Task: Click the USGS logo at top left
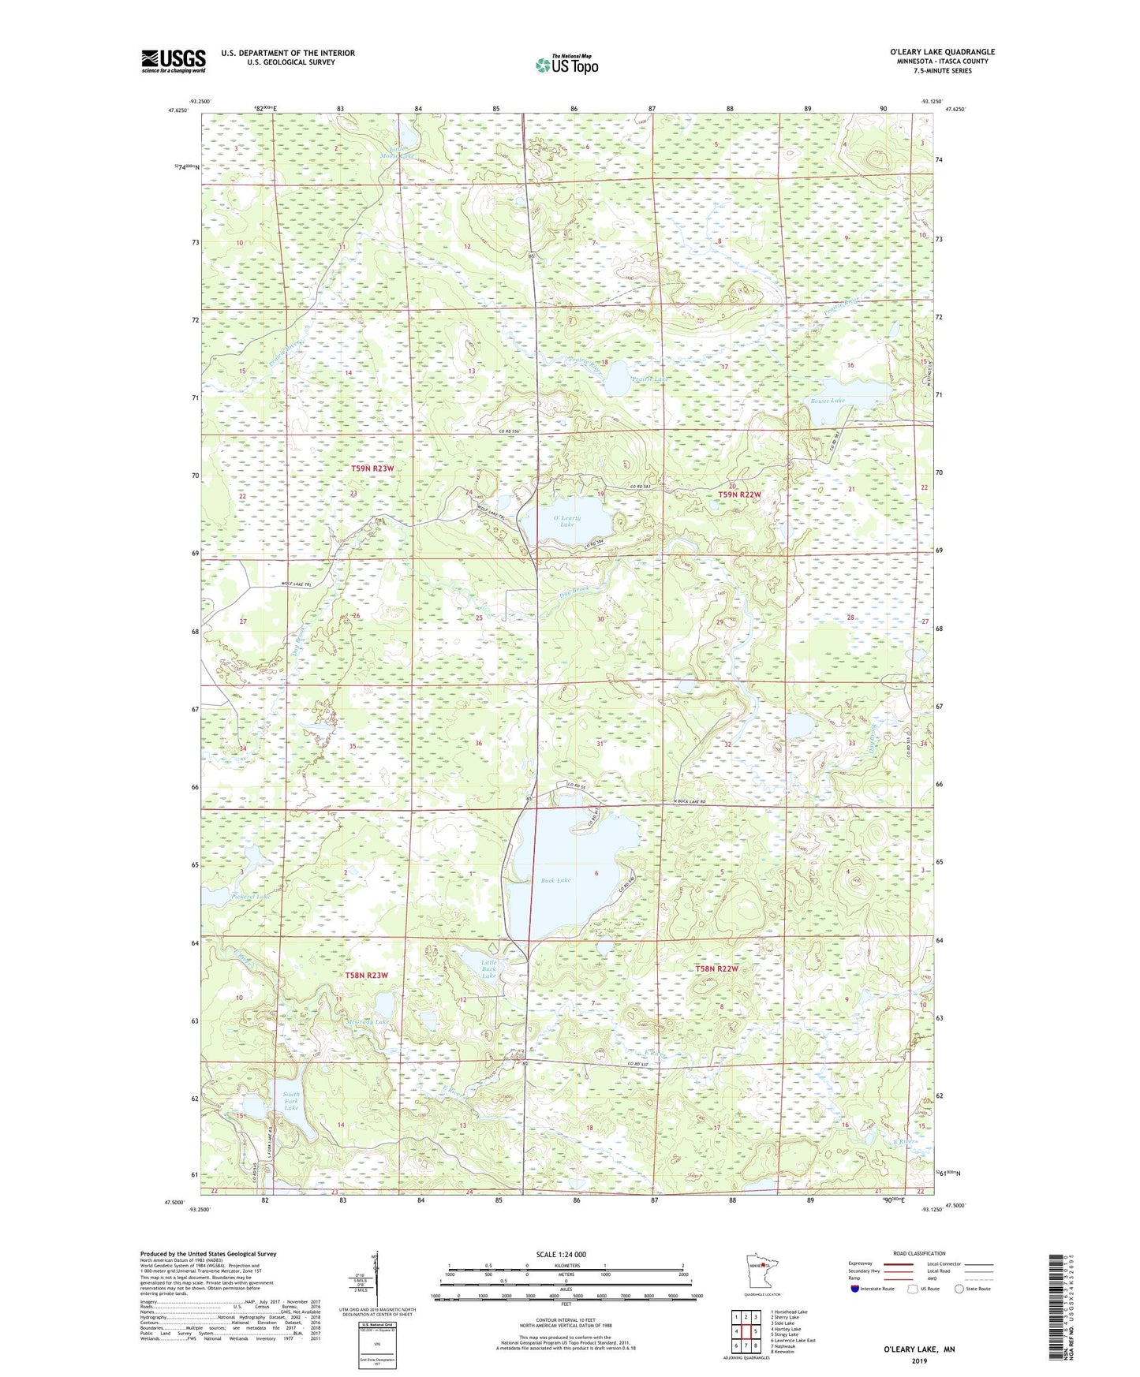[174, 61]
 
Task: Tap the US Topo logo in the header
[566, 65]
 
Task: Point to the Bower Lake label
[828, 401]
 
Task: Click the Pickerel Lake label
[251, 896]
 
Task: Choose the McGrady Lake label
[368, 1021]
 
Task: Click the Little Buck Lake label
[489, 968]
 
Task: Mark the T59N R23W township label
[372, 468]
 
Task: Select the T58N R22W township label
[716, 968]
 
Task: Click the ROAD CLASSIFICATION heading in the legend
[918, 1253]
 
